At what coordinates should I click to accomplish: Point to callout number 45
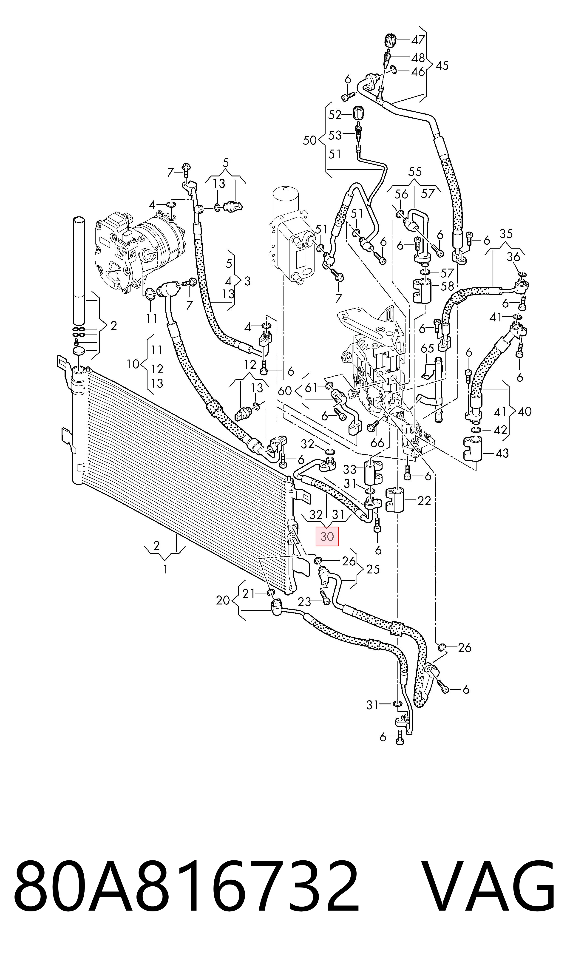pyautogui.click(x=442, y=66)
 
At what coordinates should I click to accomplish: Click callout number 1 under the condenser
pyautogui.click(x=166, y=569)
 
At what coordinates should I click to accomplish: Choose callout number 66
pyautogui.click(x=377, y=443)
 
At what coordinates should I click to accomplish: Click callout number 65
pyautogui.click(x=427, y=348)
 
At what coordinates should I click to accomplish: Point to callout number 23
pyautogui.click(x=305, y=602)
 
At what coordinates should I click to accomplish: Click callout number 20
pyautogui.click(x=223, y=600)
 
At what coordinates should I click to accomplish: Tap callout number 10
pyautogui.click(x=133, y=364)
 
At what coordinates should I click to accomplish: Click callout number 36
pyautogui.click(x=513, y=257)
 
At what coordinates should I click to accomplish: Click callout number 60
pyautogui.click(x=285, y=391)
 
